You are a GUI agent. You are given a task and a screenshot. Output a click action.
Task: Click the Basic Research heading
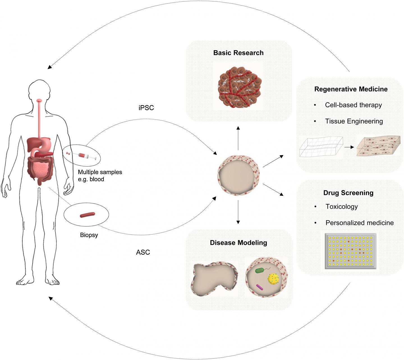(238, 53)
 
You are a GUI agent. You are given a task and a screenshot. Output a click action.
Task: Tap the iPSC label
(146, 108)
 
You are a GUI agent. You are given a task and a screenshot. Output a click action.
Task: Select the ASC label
(143, 252)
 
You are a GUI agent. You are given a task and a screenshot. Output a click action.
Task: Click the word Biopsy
(89, 235)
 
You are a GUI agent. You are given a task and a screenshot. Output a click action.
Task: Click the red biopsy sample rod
(88, 215)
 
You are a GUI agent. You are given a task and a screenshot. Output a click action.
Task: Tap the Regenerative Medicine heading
(351, 89)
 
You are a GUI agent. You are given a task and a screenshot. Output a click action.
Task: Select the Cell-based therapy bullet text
(353, 105)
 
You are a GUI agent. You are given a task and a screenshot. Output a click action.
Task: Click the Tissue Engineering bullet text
(354, 121)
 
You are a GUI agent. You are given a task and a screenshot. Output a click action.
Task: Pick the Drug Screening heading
(348, 193)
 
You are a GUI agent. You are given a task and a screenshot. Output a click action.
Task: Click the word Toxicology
(341, 207)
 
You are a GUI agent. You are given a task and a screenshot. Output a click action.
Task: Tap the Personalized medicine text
(359, 223)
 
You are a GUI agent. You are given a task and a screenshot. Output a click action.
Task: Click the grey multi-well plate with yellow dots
(350, 251)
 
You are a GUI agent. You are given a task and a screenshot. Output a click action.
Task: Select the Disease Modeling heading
(238, 243)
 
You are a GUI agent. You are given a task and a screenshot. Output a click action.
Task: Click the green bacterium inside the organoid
(260, 271)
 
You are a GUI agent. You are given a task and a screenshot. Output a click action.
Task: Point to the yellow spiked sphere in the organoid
(273, 279)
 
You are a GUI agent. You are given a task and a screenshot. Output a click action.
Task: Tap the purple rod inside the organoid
(260, 287)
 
